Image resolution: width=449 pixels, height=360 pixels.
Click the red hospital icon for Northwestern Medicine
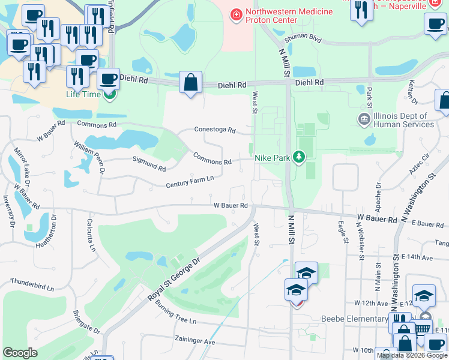tap(237, 13)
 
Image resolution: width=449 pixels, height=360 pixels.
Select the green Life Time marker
tap(109, 94)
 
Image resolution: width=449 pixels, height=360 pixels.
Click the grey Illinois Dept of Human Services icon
tap(364, 118)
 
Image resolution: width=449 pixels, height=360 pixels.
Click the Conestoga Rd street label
tap(214, 130)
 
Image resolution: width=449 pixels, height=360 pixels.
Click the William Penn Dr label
tap(89, 158)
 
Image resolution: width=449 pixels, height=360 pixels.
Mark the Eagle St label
tap(343, 232)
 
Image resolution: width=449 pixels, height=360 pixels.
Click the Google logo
tap(20, 353)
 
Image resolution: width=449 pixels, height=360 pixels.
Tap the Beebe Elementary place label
tap(354, 319)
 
